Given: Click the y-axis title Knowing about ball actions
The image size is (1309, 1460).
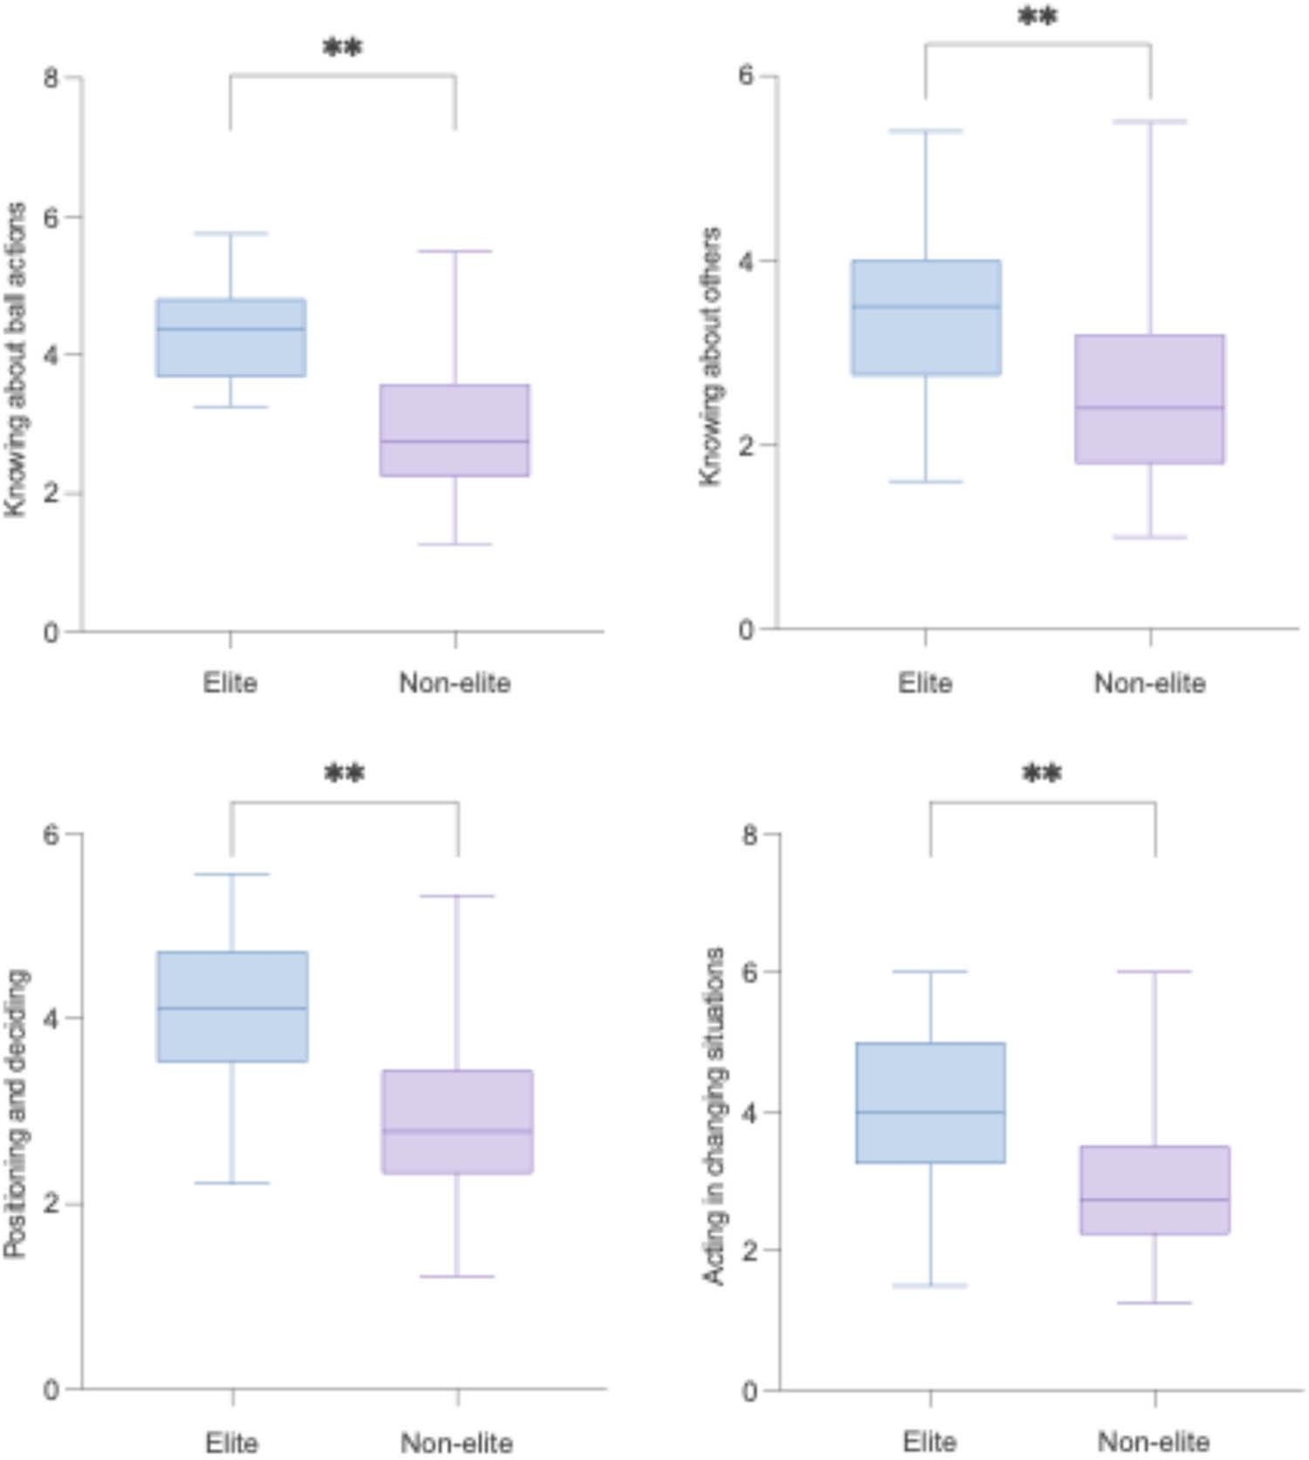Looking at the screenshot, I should (16, 360).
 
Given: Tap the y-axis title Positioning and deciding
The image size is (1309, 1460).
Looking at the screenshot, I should (16, 1113).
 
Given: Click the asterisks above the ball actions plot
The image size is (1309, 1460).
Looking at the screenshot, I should (342, 48).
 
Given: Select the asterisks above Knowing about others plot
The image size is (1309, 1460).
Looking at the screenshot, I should (1038, 17).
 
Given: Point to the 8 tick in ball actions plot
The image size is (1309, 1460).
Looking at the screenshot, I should (51, 78).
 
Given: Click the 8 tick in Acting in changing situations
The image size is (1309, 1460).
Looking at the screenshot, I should (749, 834).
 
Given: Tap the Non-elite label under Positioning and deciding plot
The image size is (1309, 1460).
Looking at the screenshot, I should (456, 1443).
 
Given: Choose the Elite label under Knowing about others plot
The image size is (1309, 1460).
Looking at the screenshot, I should (925, 682).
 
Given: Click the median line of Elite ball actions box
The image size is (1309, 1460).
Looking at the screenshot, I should (231, 329).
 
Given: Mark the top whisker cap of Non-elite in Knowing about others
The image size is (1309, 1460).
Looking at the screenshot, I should (1150, 121).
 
